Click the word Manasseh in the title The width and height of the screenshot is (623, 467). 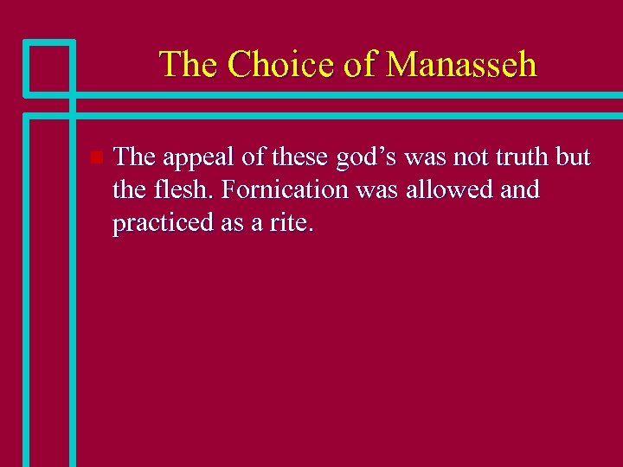coord(461,65)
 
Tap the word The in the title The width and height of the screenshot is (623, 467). coord(185,65)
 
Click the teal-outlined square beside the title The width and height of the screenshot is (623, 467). coord(48,67)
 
